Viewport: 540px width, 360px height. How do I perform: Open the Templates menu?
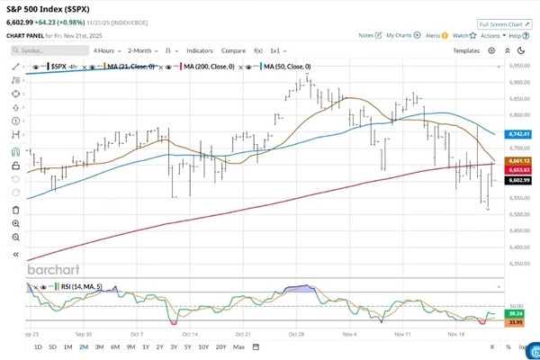click(x=465, y=51)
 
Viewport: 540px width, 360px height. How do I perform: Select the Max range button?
click(x=238, y=346)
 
